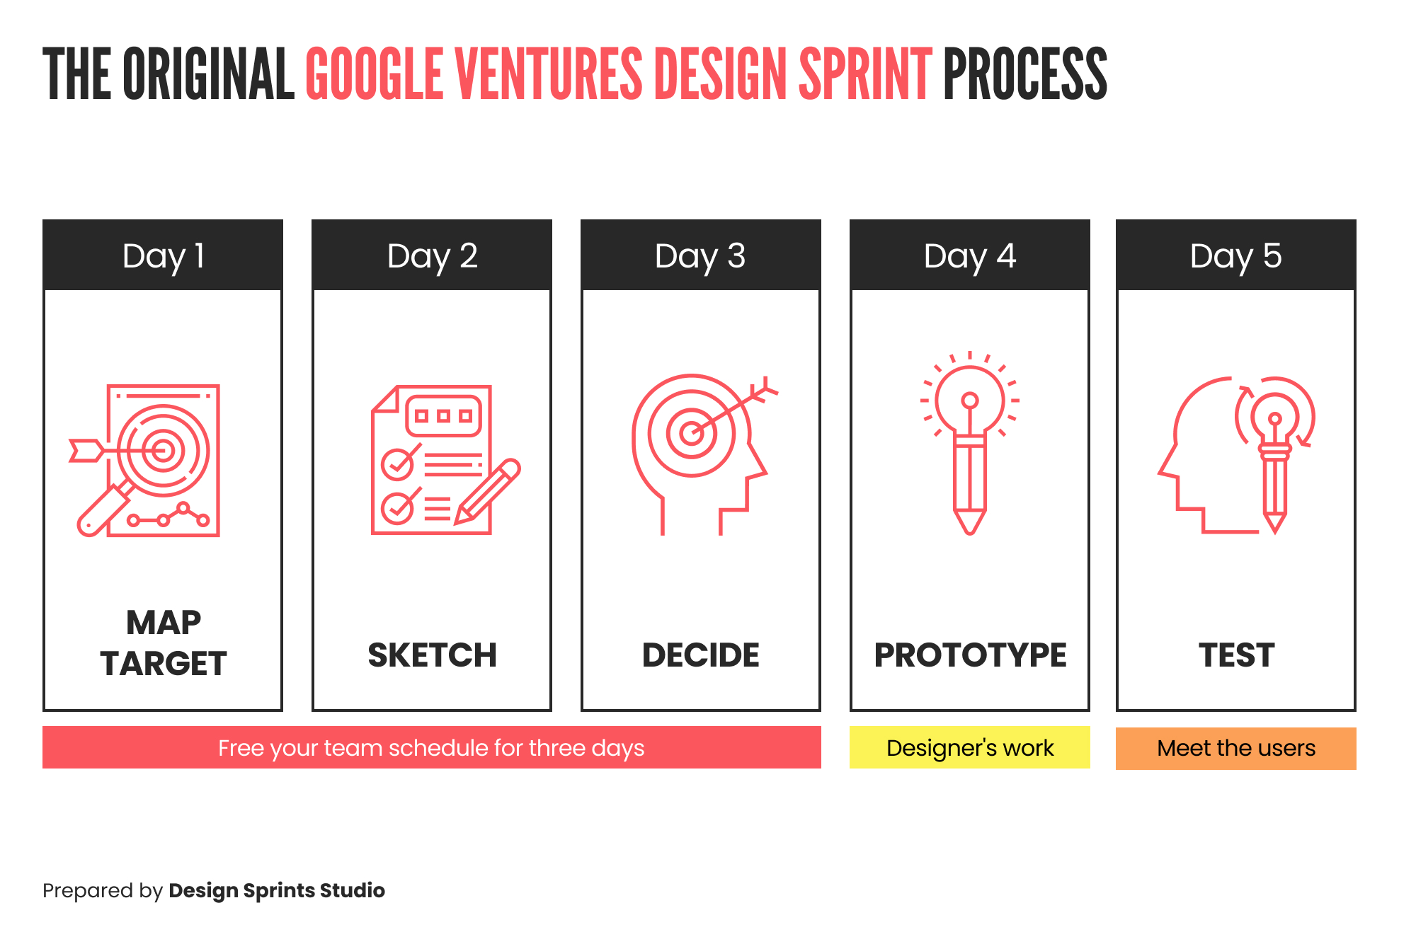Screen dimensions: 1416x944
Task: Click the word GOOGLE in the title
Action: click(x=375, y=74)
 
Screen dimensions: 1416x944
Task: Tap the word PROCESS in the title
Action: click(x=1025, y=74)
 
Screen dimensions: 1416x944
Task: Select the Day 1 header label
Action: click(x=164, y=256)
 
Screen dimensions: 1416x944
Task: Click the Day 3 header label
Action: click(x=700, y=256)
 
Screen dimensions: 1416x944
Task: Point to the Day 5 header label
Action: click(x=1236, y=256)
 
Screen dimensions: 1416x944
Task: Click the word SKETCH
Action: click(x=432, y=655)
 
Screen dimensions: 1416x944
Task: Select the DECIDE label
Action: click(x=701, y=655)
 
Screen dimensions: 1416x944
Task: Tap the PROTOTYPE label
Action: click(x=970, y=655)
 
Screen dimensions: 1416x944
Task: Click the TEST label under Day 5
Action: click(x=1236, y=655)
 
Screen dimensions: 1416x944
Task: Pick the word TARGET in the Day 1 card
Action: click(x=164, y=664)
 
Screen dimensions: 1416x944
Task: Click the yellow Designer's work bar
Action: click(x=970, y=747)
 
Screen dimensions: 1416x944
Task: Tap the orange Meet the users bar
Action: click(x=1236, y=749)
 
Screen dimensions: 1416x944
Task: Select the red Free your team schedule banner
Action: click(x=432, y=747)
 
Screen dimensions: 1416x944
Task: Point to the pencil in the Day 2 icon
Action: click(x=488, y=490)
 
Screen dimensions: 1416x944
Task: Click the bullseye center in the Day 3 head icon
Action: click(x=692, y=432)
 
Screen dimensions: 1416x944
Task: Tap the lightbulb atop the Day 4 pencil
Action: click(x=970, y=401)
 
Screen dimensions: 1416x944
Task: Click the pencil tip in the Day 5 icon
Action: click(x=1275, y=524)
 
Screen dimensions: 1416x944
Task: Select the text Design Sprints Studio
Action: click(x=277, y=890)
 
